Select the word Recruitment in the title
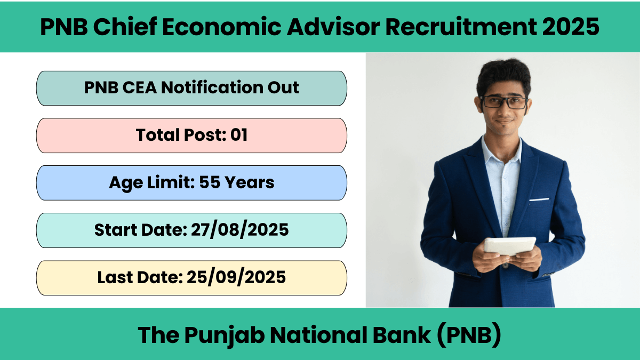point(461,27)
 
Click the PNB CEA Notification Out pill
point(191,88)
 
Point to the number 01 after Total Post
point(239,135)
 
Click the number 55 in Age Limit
point(210,182)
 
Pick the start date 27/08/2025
point(239,230)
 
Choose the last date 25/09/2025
point(236,277)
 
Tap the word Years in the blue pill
point(250,182)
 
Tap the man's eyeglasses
point(504,102)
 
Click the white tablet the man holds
point(510,246)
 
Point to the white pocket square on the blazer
point(539,199)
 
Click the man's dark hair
point(503,74)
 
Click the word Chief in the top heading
point(125,27)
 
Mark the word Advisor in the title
point(333,27)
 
